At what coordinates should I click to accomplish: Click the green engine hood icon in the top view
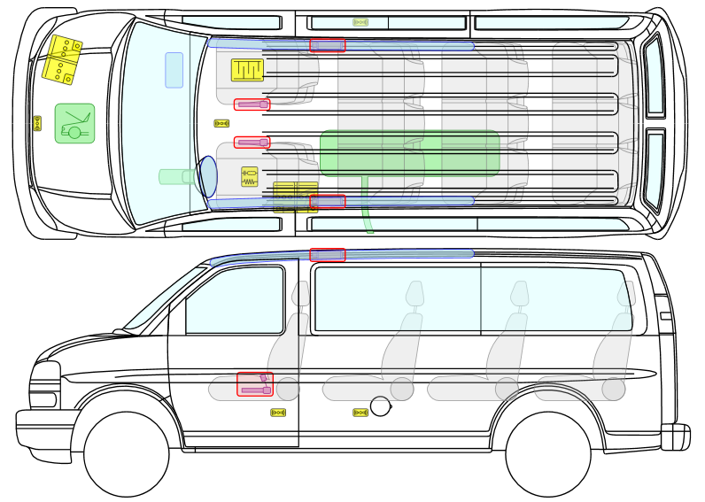click(74, 123)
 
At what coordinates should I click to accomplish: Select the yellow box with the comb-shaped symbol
click(247, 70)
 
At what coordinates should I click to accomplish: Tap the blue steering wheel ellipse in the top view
click(207, 176)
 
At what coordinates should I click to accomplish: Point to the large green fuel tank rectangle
click(409, 152)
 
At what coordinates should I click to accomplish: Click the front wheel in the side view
click(126, 454)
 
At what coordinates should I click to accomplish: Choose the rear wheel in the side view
click(547, 454)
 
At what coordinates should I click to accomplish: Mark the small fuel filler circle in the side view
click(381, 406)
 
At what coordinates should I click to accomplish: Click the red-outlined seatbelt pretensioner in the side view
click(255, 384)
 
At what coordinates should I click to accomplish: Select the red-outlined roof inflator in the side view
click(328, 255)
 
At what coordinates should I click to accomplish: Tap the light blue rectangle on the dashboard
click(174, 70)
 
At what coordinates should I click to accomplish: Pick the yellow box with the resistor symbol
click(250, 177)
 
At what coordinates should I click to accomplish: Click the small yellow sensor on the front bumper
click(37, 123)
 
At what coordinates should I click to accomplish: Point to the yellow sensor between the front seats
click(221, 124)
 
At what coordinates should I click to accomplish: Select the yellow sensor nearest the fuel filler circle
click(360, 413)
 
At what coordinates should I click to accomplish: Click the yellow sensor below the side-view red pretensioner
click(278, 413)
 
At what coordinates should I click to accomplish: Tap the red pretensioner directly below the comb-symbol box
click(252, 104)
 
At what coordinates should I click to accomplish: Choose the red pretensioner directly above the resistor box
click(252, 143)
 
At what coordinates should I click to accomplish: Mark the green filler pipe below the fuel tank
click(367, 207)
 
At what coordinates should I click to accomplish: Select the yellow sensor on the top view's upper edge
click(360, 22)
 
